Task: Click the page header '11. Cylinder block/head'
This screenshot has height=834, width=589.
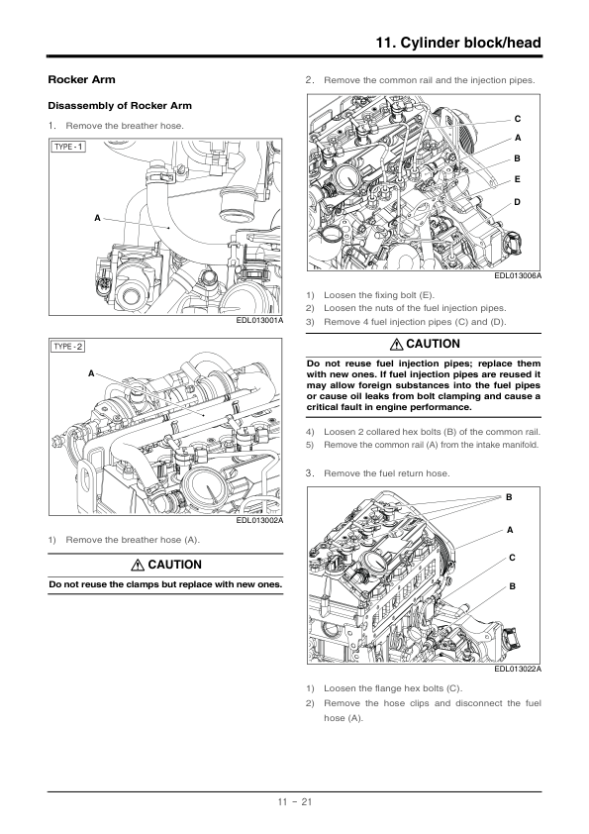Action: click(458, 43)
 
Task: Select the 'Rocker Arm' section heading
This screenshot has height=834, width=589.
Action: click(81, 79)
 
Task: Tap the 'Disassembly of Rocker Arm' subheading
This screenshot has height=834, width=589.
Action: click(120, 105)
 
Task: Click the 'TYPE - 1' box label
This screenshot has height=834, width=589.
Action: click(68, 147)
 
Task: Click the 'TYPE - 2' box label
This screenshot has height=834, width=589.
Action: click(68, 347)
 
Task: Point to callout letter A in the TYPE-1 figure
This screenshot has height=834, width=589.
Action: click(97, 218)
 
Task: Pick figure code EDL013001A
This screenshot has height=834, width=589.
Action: click(259, 320)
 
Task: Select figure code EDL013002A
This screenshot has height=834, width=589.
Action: click(259, 520)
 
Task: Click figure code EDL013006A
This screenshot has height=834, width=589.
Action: click(518, 275)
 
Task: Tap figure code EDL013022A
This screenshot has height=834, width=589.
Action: click(518, 669)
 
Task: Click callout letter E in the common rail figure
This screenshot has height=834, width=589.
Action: click(518, 180)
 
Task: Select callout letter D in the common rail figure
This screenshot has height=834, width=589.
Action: click(518, 202)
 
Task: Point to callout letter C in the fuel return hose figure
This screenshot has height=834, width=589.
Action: click(512, 558)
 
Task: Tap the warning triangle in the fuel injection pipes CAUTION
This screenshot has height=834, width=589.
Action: click(397, 344)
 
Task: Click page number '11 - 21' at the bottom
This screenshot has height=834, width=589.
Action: click(295, 801)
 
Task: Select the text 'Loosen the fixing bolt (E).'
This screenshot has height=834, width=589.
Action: click(379, 294)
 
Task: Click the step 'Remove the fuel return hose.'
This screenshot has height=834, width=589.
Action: click(386, 473)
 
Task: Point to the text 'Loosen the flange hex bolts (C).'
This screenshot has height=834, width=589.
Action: click(393, 688)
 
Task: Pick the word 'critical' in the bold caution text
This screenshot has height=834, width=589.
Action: click(324, 407)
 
